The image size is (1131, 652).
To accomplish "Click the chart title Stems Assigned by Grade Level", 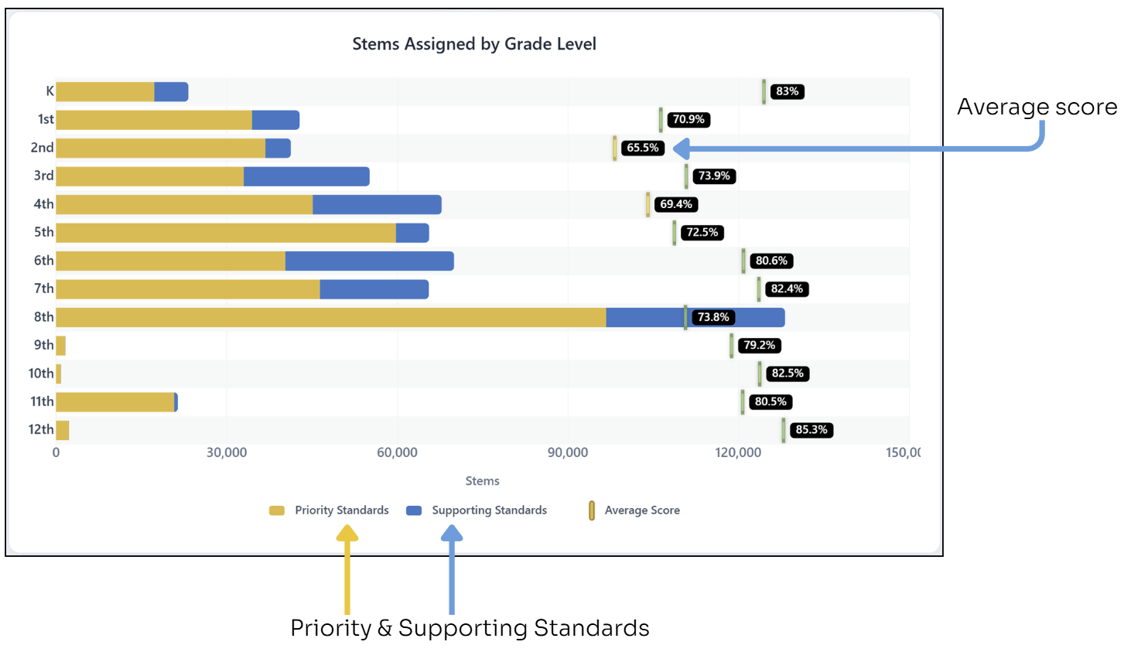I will click(x=473, y=44).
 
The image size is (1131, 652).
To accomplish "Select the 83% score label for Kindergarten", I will click(x=787, y=91).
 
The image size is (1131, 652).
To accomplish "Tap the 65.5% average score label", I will click(x=642, y=148).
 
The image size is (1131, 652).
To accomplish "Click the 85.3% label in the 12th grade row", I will click(x=811, y=430).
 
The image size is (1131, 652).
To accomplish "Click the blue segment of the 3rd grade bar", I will click(x=306, y=176).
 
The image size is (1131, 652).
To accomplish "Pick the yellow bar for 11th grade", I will click(x=115, y=402).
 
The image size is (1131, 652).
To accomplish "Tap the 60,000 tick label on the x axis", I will click(x=397, y=452).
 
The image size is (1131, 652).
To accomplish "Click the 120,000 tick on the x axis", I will click(x=738, y=452).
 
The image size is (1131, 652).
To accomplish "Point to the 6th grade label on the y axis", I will click(x=43, y=261).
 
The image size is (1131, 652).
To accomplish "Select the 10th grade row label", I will click(x=41, y=374).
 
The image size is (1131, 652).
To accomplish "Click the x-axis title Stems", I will click(x=482, y=481).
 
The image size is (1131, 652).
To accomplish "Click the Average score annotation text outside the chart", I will click(x=1037, y=107).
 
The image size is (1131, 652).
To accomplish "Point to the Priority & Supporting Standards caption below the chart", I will click(x=470, y=628).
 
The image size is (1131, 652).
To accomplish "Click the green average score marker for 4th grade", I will click(x=648, y=205).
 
